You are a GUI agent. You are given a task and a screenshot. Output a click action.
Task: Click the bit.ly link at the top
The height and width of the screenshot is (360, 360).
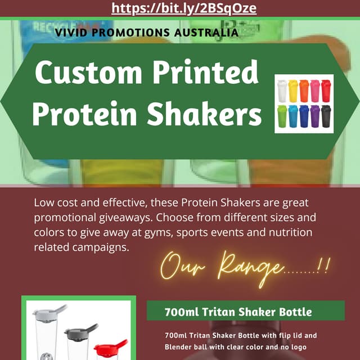[179, 8]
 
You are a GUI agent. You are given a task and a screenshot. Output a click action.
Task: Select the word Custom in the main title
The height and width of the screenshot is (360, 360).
[84, 73]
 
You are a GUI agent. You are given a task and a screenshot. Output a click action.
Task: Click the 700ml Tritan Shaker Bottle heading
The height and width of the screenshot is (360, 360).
[238, 311]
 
